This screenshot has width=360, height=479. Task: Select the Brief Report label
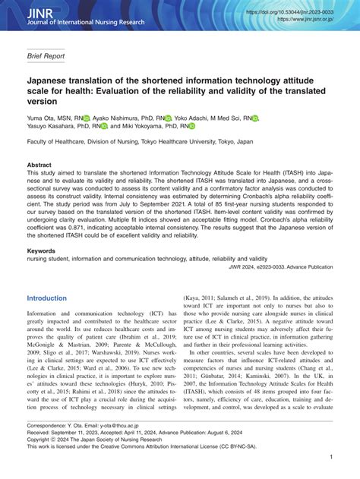46,55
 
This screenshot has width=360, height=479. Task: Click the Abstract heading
39,165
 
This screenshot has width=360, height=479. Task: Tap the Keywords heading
42,250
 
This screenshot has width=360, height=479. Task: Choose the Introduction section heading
47,298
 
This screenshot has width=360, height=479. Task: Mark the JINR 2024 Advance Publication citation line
280,268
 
